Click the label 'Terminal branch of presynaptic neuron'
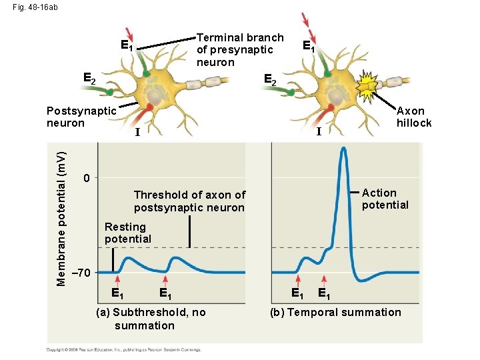click(x=239, y=50)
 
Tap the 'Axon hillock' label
click(x=414, y=117)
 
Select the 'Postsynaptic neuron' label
click(x=81, y=117)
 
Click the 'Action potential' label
click(x=385, y=199)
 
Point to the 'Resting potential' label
click(x=128, y=233)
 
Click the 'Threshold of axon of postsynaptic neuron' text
click(x=189, y=201)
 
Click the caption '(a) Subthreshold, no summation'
click(x=151, y=319)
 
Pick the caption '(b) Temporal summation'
click(x=335, y=313)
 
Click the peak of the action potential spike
click(x=343, y=149)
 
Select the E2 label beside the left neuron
click(x=89, y=78)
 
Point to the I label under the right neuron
click(x=319, y=131)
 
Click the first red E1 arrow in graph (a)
click(x=118, y=280)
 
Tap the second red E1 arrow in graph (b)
click(x=324, y=280)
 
